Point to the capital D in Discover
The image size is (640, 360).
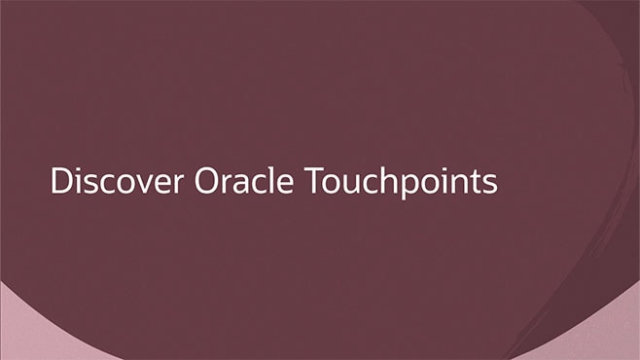click(61, 182)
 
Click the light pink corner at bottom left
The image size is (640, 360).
click(19, 336)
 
